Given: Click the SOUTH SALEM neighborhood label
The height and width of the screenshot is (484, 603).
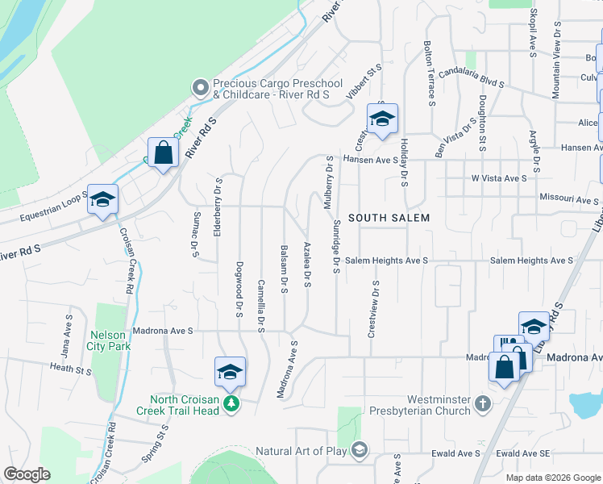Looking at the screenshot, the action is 389,218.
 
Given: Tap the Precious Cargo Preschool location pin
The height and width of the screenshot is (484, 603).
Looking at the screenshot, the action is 200,86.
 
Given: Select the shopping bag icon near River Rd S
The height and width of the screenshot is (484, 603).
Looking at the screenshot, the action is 163,152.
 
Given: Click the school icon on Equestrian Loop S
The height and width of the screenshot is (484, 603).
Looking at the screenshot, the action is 102,200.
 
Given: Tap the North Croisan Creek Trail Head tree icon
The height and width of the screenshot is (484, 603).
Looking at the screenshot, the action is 231,402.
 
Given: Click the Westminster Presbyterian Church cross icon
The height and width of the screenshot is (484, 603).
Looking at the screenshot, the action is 482,403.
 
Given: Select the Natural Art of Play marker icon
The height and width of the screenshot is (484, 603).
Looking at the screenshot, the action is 360,449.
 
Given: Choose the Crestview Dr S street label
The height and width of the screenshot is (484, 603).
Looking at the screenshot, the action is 373,310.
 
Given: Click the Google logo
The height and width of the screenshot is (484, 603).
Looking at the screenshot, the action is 27,474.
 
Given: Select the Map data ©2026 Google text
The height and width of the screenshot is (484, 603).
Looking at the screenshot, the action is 552,478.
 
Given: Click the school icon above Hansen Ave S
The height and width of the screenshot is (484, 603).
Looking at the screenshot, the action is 382,119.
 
